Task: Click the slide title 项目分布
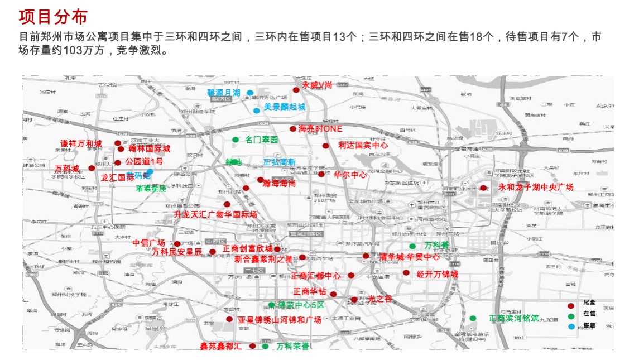[53, 17]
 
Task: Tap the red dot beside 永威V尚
[296, 90]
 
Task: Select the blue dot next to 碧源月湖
[250, 93]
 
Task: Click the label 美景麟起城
[285, 107]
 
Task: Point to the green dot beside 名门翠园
[236, 140]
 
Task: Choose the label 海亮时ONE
[320, 128]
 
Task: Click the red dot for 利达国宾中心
[326, 146]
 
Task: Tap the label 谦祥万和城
[81, 144]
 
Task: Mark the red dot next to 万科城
[92, 168]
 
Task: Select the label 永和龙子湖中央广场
[536, 188]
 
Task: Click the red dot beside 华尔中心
[321, 174]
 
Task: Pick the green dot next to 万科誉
[412, 246]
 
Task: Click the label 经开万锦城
[437, 274]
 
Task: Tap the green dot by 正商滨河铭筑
[473, 318]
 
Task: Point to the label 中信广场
[148, 243]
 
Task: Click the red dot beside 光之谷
[354, 300]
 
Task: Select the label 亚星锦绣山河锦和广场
[280, 320]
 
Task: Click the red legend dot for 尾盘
[570, 306]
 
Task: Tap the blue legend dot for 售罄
[570, 327]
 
